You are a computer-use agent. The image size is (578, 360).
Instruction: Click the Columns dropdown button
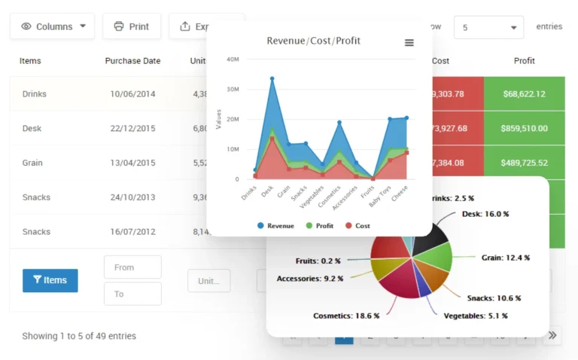pos(53,26)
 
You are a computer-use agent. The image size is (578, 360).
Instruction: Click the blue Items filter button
pos(50,280)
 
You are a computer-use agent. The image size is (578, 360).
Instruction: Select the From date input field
pos(132,267)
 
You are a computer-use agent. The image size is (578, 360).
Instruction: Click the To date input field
pos(132,294)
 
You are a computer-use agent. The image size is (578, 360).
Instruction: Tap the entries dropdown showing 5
pos(488,27)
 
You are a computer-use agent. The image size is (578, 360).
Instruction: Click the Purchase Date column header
pos(132,61)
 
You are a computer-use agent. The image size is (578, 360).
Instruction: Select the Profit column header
pos(524,61)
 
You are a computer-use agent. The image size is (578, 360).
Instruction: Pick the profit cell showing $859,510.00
pos(524,129)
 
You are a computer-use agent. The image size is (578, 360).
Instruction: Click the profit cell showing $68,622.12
pos(524,94)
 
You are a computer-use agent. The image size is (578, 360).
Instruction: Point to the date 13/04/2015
pos(132,163)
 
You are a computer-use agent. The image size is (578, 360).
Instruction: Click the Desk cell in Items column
pos(32,129)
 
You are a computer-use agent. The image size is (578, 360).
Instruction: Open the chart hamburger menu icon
pos(409,43)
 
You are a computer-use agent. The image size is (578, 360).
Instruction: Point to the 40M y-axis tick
pos(233,59)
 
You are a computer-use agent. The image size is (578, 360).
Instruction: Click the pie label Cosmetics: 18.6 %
pos(346,316)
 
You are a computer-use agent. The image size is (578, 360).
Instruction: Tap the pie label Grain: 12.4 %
pos(505,258)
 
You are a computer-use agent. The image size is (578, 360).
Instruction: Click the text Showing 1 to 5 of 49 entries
pos(79,336)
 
